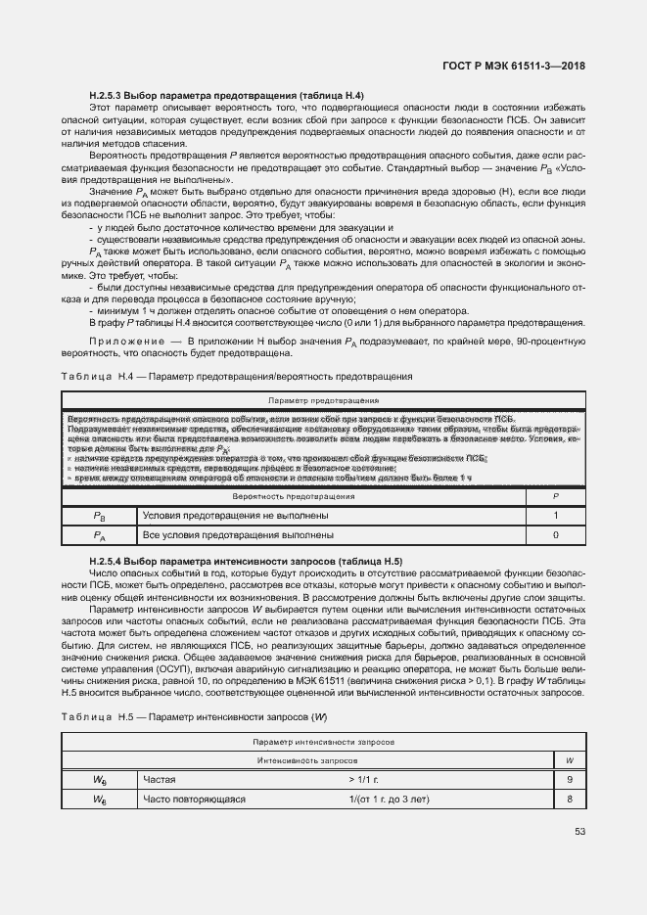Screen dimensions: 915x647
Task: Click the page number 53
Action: click(579, 833)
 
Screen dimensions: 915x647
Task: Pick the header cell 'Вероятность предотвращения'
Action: click(294, 497)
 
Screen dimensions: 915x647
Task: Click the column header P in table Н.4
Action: click(555, 497)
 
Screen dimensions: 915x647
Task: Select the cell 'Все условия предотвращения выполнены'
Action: click(238, 535)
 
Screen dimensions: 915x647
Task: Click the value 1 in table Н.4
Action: click(555, 516)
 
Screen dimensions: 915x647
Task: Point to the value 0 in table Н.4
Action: click(555, 535)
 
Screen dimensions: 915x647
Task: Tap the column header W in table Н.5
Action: click(569, 760)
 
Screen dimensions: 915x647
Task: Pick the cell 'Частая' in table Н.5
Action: click(161, 780)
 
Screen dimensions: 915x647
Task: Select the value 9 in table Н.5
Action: click(569, 780)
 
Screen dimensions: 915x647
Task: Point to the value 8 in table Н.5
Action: click(569, 800)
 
